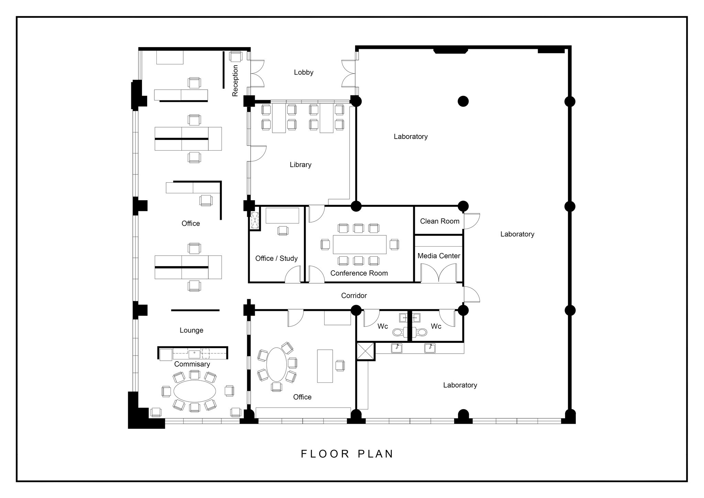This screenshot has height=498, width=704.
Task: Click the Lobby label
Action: [x=304, y=72]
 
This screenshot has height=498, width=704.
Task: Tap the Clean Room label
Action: [x=439, y=221]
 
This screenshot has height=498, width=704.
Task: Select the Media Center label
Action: [x=439, y=256]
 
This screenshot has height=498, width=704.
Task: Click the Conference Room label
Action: [x=359, y=273]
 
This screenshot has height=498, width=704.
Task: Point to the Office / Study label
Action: [x=276, y=258]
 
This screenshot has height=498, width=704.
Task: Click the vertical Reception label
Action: [x=235, y=81]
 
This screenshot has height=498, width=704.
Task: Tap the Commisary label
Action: [x=192, y=364]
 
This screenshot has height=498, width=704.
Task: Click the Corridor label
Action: [x=354, y=295]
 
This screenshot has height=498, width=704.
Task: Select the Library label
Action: [x=300, y=165]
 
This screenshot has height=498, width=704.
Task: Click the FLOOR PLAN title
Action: [x=347, y=454]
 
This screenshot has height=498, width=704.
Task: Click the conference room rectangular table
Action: [x=359, y=244]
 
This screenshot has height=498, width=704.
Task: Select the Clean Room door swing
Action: [x=472, y=221]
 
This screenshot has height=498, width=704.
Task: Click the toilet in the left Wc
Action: [x=398, y=332]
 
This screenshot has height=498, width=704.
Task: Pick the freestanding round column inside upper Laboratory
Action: [x=463, y=101]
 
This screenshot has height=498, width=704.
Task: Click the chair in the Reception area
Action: [x=236, y=56]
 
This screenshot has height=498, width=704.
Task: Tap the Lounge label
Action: [x=191, y=331]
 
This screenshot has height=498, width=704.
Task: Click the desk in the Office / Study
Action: [x=282, y=216]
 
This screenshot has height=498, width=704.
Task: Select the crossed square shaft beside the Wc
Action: [x=365, y=351]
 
